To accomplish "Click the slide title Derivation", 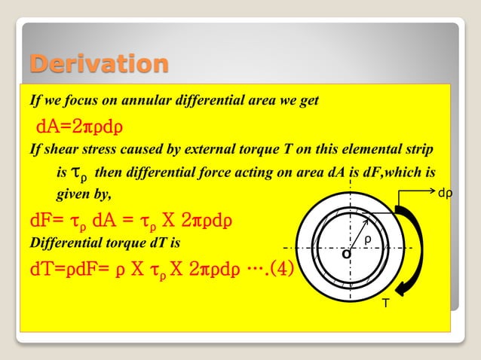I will (x=98, y=64).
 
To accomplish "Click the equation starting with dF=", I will (x=130, y=221).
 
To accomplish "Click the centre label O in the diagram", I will (x=346, y=255).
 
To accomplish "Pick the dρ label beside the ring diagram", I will (x=446, y=194).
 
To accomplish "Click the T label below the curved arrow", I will (x=386, y=302).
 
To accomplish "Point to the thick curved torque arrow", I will (x=413, y=249).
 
